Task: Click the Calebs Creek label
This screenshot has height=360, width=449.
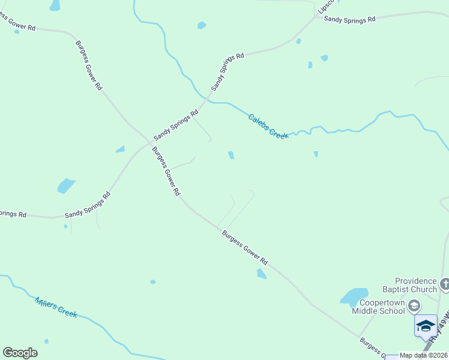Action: tap(268, 126)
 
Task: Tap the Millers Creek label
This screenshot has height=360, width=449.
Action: tap(56, 307)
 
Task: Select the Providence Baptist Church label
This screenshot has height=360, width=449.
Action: tap(416, 285)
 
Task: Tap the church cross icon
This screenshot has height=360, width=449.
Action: tap(444, 284)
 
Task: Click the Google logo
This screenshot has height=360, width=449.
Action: tap(20, 353)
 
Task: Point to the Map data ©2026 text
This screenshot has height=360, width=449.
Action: tap(424, 356)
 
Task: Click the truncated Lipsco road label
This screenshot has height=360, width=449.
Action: tap(324, 6)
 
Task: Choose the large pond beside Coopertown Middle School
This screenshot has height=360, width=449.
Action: tap(354, 296)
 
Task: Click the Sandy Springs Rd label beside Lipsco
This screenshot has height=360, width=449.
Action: tap(349, 19)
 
